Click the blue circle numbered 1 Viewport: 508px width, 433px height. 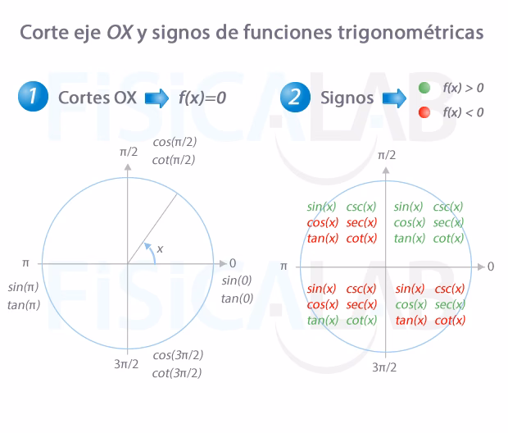point(32,98)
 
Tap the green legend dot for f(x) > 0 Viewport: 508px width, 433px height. point(424,87)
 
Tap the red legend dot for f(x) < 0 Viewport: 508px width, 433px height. point(424,112)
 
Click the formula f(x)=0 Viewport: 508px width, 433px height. point(202,98)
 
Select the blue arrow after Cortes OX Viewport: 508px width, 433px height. point(156,98)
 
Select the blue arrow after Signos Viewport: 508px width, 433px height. point(394,98)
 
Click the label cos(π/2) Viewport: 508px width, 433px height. point(175,142)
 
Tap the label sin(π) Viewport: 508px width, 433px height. point(24,288)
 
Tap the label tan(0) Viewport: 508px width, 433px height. point(237,298)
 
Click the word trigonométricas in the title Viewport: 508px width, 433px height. point(415,34)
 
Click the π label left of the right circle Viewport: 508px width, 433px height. point(284,267)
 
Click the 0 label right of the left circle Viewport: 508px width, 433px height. point(233,263)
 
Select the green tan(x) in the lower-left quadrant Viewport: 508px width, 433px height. point(322,320)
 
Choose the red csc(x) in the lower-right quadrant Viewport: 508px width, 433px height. point(450,289)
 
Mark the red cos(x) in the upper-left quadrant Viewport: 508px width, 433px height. point(322,222)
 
